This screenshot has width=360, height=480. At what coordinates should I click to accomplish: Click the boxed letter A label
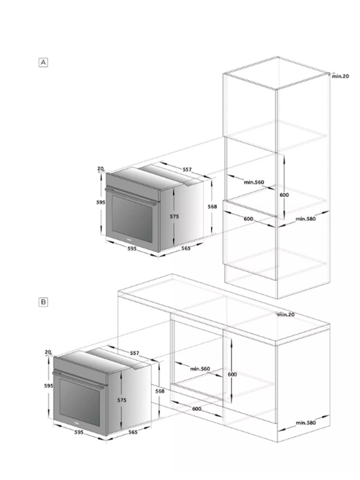tap(44, 62)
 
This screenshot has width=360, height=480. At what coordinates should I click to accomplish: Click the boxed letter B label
tap(44, 302)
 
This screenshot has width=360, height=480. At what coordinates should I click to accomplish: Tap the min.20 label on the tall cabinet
tap(340, 76)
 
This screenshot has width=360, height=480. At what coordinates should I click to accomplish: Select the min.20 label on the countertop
tap(286, 314)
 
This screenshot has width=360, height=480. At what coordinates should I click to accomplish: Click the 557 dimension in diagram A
tap(187, 169)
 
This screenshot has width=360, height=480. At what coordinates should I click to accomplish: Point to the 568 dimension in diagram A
tap(212, 206)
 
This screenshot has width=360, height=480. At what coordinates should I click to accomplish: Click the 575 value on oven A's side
tap(174, 216)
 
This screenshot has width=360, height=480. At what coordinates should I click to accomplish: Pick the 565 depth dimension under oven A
tap(186, 248)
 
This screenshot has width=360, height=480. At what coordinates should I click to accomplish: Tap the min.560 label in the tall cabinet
tap(254, 182)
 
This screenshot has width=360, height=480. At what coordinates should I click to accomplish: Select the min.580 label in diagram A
tap(305, 218)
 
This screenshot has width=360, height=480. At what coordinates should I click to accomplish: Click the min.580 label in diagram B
tap(306, 423)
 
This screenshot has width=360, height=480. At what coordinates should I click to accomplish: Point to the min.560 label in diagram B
tap(200, 369)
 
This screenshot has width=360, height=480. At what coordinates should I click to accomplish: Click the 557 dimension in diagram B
tap(134, 353)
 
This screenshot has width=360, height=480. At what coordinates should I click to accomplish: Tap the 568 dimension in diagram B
tap(160, 391)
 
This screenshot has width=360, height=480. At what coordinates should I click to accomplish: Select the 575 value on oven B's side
tap(122, 400)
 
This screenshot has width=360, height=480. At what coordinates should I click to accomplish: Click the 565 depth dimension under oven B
tap(133, 432)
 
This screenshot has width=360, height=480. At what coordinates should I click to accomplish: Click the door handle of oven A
tap(131, 196)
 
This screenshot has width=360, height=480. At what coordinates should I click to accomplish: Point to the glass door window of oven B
tap(80, 402)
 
